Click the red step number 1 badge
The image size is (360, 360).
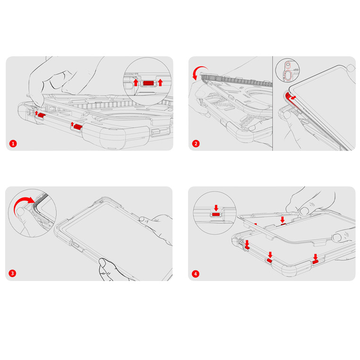13,144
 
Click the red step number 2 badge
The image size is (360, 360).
196,144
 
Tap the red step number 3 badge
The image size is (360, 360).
12,273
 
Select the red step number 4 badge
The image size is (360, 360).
196,274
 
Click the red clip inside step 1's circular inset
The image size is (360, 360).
148,83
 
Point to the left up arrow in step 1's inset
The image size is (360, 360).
136,82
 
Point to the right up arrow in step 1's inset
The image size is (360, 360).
160,82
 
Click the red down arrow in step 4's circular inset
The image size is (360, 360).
216,208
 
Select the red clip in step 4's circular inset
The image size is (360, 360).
216,214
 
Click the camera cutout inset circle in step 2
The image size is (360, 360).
287,70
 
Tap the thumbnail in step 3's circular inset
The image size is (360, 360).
21,211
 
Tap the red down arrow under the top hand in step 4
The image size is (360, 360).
283,220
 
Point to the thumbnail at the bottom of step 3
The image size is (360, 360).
103,262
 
